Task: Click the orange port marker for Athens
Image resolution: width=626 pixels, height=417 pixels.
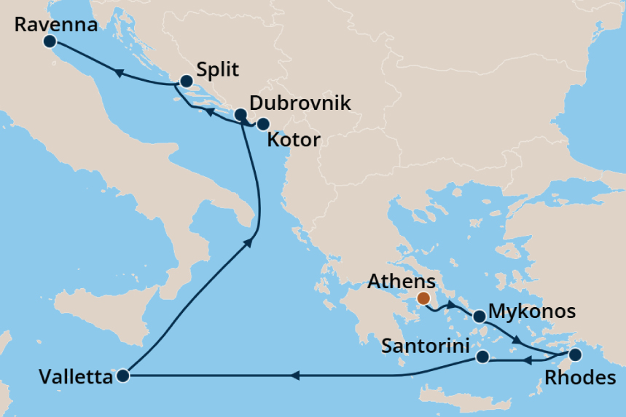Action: pos(423,298)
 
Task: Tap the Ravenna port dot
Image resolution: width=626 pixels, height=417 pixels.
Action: pos(50,41)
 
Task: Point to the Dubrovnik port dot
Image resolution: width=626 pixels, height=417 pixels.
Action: pos(240,114)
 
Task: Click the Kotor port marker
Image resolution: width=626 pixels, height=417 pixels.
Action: pos(263,124)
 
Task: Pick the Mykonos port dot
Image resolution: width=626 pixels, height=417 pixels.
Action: pos(480,317)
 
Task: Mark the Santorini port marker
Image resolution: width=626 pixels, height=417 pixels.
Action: pos(482,357)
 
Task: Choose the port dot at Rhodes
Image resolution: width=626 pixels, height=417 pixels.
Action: pos(575,355)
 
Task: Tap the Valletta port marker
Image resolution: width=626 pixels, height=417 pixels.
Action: pos(122,376)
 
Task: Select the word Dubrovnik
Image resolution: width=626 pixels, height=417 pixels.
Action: pos(300,103)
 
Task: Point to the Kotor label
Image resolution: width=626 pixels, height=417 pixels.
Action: pos(294,140)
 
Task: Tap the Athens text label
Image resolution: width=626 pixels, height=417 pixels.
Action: pos(402,281)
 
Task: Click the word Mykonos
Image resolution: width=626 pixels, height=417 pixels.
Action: pos(532,312)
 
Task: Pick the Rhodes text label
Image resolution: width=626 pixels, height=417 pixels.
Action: pos(574,378)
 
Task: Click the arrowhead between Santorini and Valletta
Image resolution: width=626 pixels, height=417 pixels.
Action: pos(294,376)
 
